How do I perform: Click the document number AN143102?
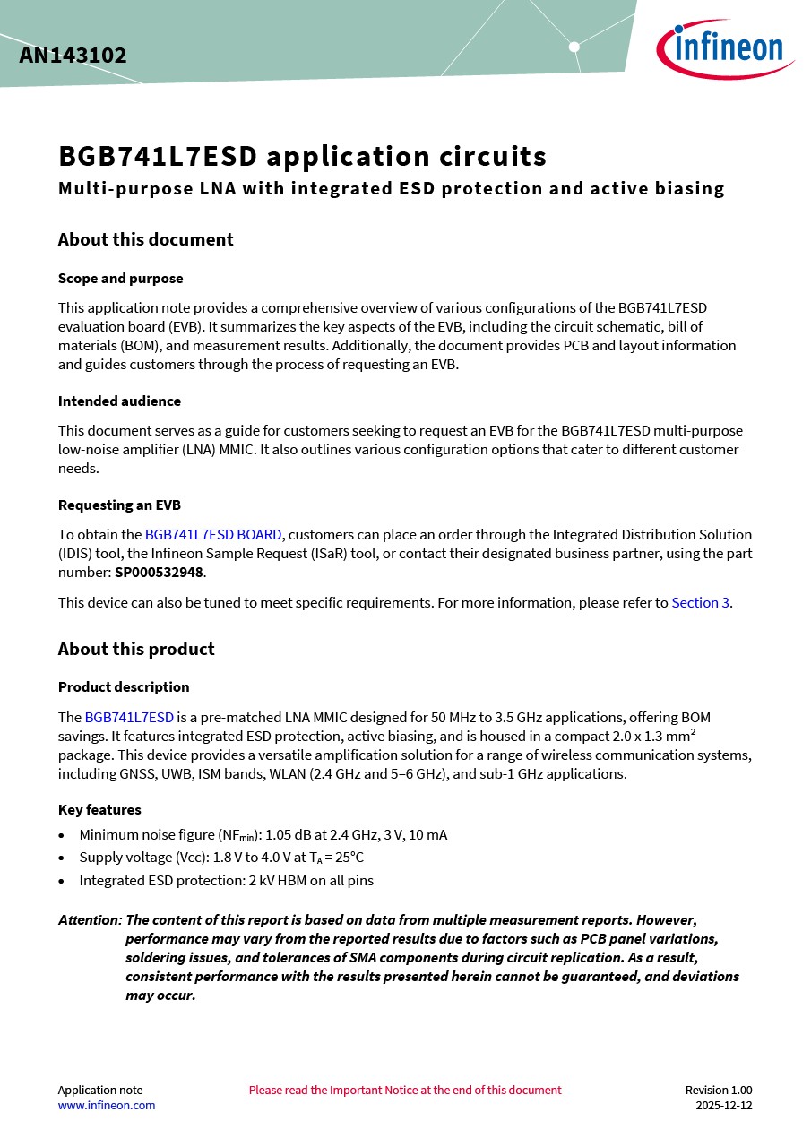tap(73, 56)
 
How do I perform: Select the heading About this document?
tap(145, 239)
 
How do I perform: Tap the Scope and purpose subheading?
tap(120, 278)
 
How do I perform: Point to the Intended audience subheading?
tap(119, 401)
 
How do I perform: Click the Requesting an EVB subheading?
tap(119, 505)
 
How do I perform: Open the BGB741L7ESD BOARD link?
tap(213, 535)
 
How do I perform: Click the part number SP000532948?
tap(160, 572)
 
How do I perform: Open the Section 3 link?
tap(700, 602)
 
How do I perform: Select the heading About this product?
tap(136, 649)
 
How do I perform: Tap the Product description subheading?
tap(124, 686)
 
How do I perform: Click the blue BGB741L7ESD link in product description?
tap(129, 717)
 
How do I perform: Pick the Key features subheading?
tap(99, 809)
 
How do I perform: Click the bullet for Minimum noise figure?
tap(61, 835)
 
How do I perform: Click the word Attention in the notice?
tap(90, 919)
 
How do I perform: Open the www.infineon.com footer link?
tap(106, 1105)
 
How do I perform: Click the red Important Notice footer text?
tap(405, 1090)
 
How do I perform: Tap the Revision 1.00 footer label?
tap(718, 1090)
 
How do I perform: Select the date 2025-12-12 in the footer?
tap(723, 1105)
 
